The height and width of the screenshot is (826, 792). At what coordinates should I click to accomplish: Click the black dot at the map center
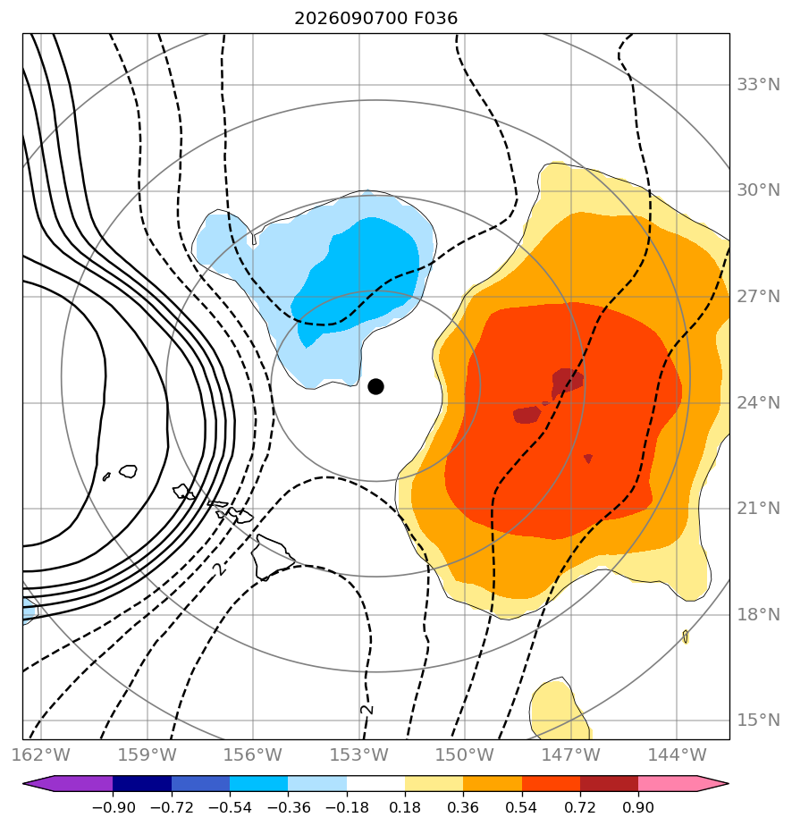[x=375, y=387]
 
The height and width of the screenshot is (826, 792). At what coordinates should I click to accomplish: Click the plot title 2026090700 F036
[x=376, y=19]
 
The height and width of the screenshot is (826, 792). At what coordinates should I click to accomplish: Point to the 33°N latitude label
[x=758, y=85]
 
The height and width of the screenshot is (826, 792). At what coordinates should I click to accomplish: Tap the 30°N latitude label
[x=758, y=190]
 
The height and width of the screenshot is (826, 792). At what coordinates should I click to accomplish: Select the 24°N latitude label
[x=758, y=403]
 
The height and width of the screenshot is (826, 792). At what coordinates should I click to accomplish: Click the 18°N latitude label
[x=758, y=614]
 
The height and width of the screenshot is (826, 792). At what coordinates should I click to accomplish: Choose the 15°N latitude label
[x=758, y=721]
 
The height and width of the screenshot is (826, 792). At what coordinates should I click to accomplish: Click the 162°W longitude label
[x=41, y=754]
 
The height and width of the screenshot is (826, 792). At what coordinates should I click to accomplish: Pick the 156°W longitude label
[x=253, y=754]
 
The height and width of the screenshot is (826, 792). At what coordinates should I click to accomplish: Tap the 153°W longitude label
[x=359, y=754]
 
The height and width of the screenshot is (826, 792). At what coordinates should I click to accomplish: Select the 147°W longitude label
[x=571, y=754]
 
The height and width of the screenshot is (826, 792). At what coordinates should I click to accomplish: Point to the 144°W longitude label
[x=678, y=754]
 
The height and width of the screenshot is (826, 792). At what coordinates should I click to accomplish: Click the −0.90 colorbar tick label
[x=114, y=807]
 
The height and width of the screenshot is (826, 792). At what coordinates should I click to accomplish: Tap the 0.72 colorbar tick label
[x=580, y=807]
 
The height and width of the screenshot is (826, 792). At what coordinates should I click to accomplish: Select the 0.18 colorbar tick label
[x=405, y=807]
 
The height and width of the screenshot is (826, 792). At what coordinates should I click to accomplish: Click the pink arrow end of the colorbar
[x=712, y=783]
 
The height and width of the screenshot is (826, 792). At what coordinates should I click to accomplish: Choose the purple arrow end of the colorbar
[x=39, y=783]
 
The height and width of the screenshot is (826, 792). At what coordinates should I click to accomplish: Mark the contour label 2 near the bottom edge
[x=367, y=709]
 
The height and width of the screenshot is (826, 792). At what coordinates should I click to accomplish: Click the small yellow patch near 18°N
[x=685, y=636]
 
